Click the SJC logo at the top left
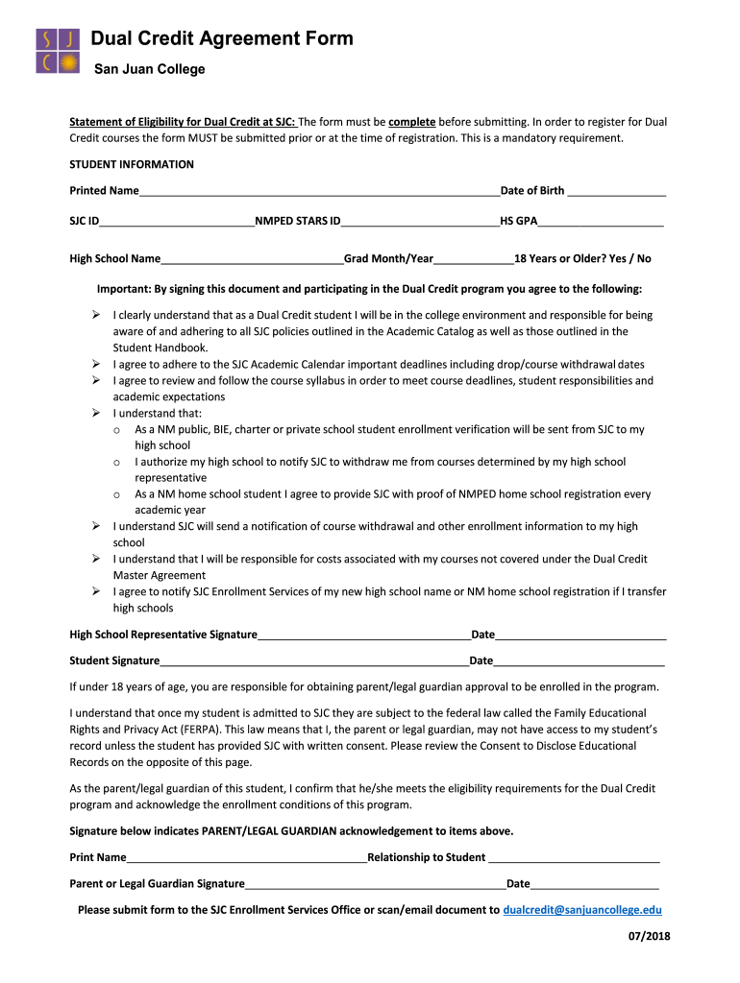coord(58,51)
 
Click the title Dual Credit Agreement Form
coord(222,38)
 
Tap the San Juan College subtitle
coord(149,69)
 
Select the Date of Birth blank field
coord(616,192)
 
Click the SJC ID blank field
coord(177,222)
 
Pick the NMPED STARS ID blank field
coord(420,222)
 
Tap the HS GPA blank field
coord(601,222)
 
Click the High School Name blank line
coord(252,259)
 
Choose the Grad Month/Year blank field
coord(474,259)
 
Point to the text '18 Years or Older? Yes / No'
coord(582,258)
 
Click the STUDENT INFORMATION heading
coord(132,164)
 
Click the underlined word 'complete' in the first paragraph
coord(412,122)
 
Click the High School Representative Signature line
coord(363,635)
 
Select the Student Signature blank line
coord(314,661)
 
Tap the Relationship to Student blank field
coord(574,858)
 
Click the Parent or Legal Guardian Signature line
coord(375,884)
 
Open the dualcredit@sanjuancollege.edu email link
coord(582,909)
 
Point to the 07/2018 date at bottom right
coord(642,936)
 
